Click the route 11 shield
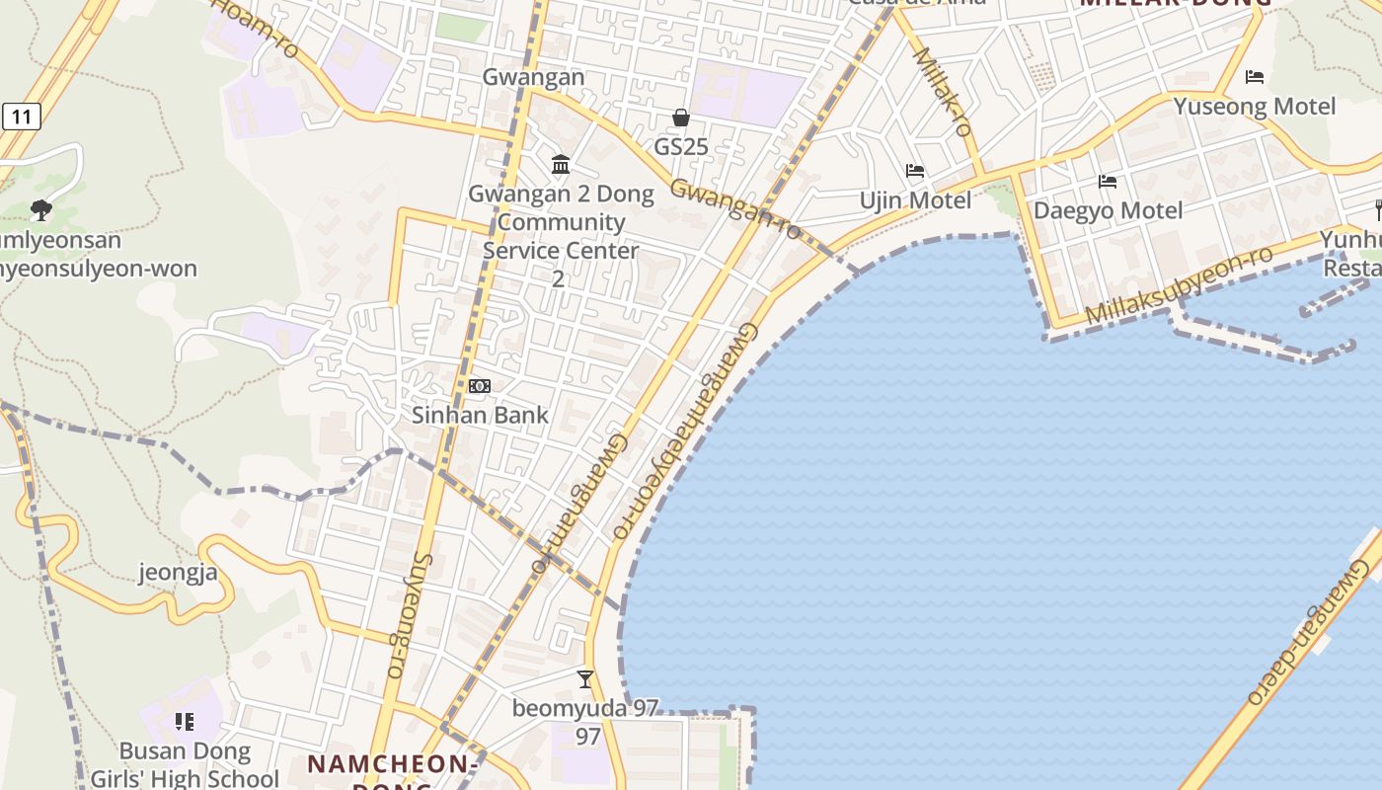pos(21,118)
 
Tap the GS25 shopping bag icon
pos(681,118)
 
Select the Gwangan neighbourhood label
pos(533,77)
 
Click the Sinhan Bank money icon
pos(480,386)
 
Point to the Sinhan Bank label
pos(480,415)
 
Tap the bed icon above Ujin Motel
pos(915,171)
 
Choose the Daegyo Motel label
pos(1108,210)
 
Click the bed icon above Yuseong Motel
pos(1255,76)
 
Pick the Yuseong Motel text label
pos(1254,106)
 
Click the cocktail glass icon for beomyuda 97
pos(585,678)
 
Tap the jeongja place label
pos(178,573)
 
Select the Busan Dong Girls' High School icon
pos(185,722)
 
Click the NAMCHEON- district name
pos(393,763)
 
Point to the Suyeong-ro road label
pos(408,614)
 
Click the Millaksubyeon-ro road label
pos(1180,284)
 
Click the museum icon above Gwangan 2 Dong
pos(561,164)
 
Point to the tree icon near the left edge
pos(40,209)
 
